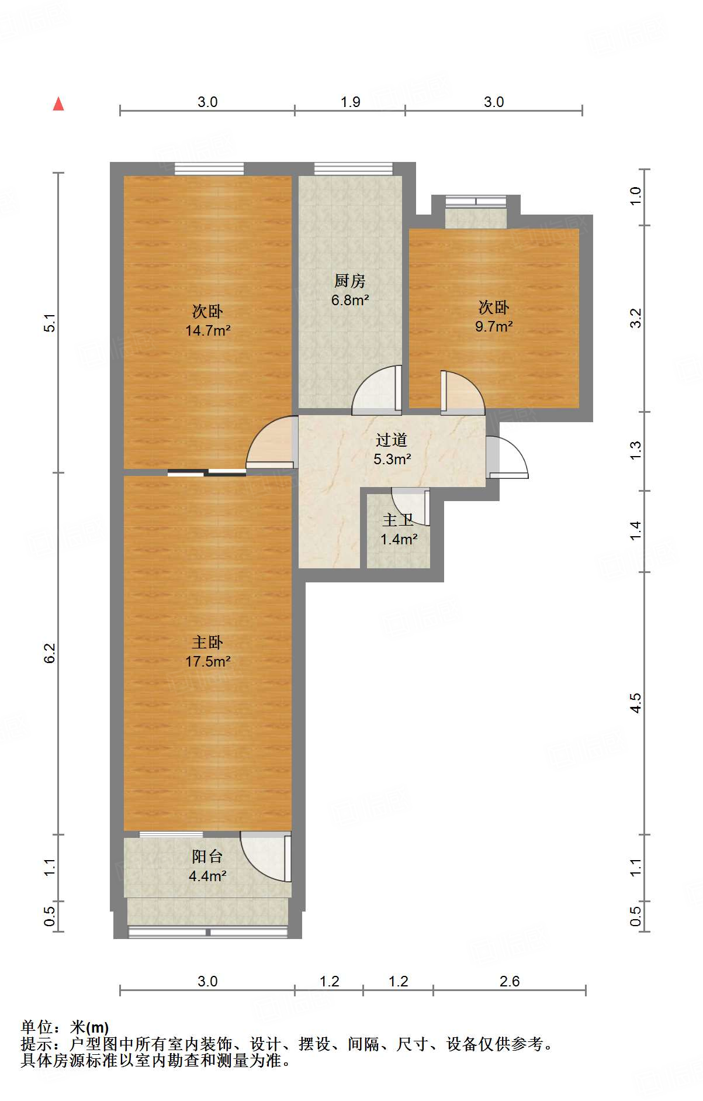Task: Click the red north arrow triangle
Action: (58, 104)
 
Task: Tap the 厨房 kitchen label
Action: (349, 281)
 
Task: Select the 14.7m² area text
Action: (207, 330)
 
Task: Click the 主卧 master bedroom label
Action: (207, 643)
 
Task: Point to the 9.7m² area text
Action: (494, 326)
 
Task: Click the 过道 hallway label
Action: (391, 440)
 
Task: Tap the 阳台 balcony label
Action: (207, 857)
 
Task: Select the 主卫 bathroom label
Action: (398, 520)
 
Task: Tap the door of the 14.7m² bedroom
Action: (270, 443)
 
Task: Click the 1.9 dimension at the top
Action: (350, 102)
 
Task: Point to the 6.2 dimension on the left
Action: (50, 653)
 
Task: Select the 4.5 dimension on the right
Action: (635, 702)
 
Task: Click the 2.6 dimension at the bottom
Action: (509, 981)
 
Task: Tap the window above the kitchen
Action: (353, 169)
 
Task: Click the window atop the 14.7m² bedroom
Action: (209, 169)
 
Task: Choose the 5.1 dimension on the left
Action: (50, 323)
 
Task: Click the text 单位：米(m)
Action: (65, 1027)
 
